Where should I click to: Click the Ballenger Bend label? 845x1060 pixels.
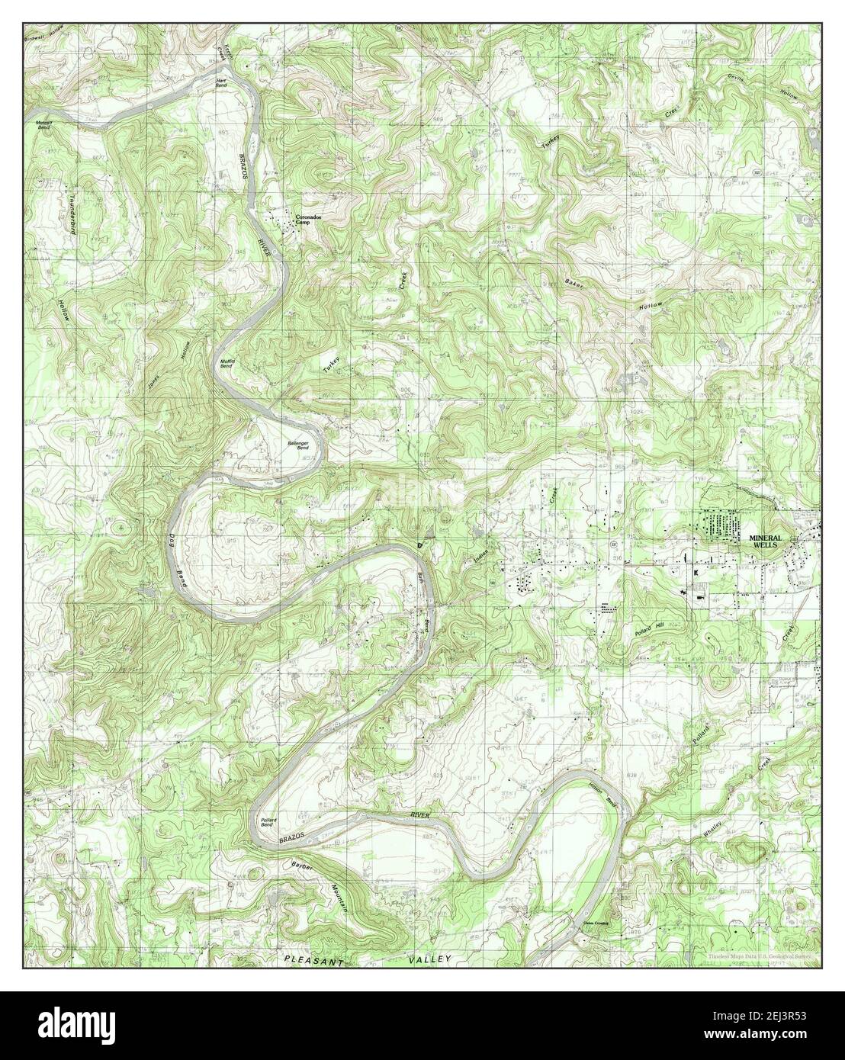pos(297,447)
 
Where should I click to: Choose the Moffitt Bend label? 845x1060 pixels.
pos(226,364)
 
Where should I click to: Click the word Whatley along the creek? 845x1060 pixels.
pos(715,825)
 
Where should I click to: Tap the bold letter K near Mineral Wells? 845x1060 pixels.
pos(696,571)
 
